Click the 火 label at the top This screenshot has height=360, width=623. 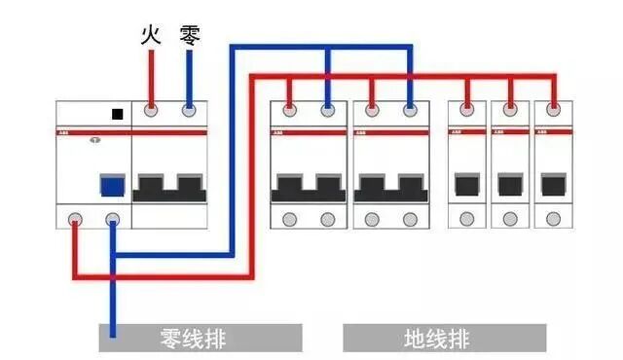tap(150, 37)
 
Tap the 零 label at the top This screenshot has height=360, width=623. tap(190, 37)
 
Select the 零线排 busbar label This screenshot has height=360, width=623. tap(200, 339)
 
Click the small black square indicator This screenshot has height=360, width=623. tap(118, 114)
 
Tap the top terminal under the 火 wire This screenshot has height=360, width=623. tap(151, 111)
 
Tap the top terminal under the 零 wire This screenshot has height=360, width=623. tap(189, 111)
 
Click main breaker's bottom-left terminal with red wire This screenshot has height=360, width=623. tap(75, 219)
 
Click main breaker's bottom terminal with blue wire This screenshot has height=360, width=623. tap(114, 219)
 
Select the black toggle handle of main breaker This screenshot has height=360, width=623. tap(169, 187)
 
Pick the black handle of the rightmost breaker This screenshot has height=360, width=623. tap(554, 185)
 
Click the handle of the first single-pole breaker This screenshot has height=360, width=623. tap(466, 185)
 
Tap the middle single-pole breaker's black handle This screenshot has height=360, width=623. tap(510, 185)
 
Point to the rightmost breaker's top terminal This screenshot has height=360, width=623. tap(554, 111)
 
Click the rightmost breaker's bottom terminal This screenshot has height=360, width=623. tap(554, 219)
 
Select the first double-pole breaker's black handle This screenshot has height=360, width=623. tap(309, 187)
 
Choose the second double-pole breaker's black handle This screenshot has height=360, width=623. tap(390, 187)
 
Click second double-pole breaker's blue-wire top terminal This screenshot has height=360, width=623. tap(410, 111)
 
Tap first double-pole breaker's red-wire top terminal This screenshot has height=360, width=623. tap(289, 111)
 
